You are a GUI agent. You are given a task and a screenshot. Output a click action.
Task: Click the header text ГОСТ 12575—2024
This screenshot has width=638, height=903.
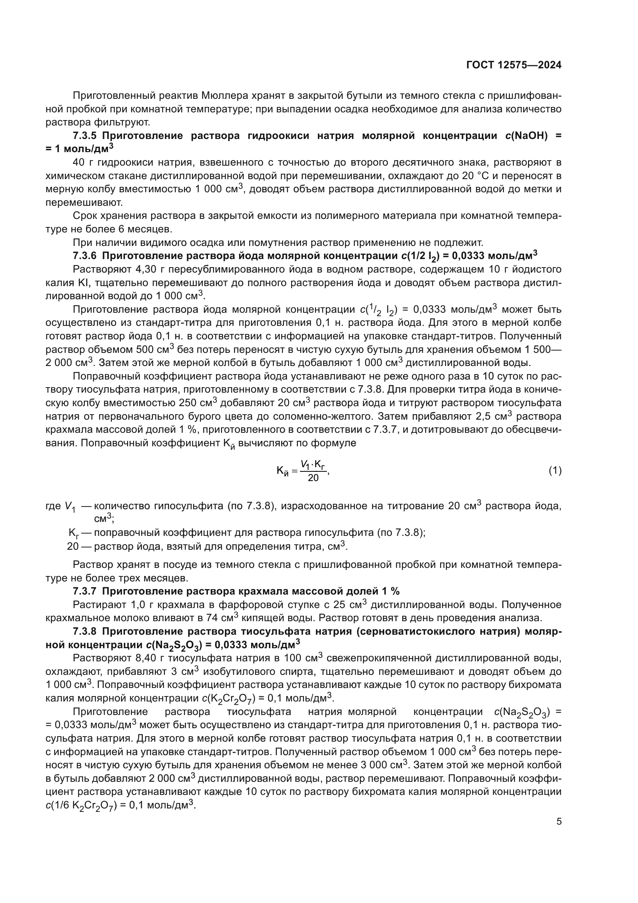(514, 65)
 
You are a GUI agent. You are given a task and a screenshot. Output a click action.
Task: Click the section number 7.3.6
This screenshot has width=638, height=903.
(84, 256)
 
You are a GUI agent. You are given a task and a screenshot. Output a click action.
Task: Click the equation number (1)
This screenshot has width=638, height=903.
(555, 470)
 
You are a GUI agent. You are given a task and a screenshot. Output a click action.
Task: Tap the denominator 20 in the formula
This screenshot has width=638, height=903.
(313, 478)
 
